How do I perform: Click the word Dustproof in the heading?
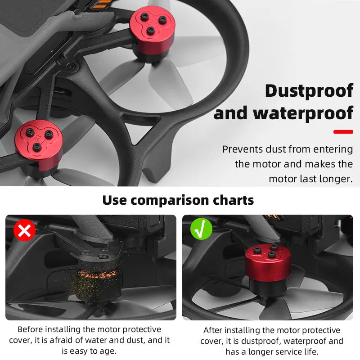[309, 91]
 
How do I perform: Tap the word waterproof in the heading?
[303, 113]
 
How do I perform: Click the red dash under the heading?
[343, 132]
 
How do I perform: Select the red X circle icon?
[24, 230]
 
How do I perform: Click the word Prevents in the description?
[242, 149]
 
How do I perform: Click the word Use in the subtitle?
[115, 200]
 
